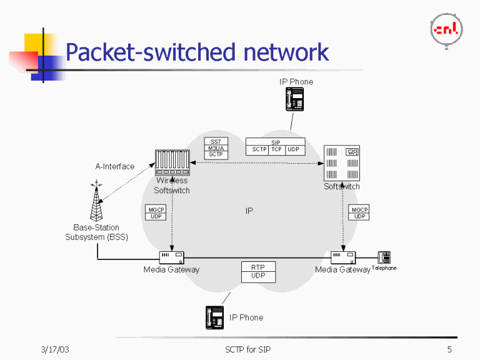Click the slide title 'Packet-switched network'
[x=197, y=52]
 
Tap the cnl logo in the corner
[x=446, y=29]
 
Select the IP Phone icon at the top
[x=295, y=99]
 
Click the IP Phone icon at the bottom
[x=215, y=317]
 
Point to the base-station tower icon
[x=96, y=202]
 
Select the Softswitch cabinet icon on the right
[x=342, y=163]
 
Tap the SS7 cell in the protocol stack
[x=216, y=141]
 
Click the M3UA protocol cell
[x=216, y=148]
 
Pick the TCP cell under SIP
[x=276, y=150]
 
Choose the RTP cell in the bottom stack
[x=258, y=267]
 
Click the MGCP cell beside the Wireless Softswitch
[x=156, y=209]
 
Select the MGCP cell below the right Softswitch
[x=359, y=209]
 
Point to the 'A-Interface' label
[x=114, y=167]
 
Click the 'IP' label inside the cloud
[x=249, y=211]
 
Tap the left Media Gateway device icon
[x=171, y=256]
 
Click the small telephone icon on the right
[x=384, y=257]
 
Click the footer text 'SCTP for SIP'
[x=248, y=349]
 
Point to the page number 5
[x=449, y=349]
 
